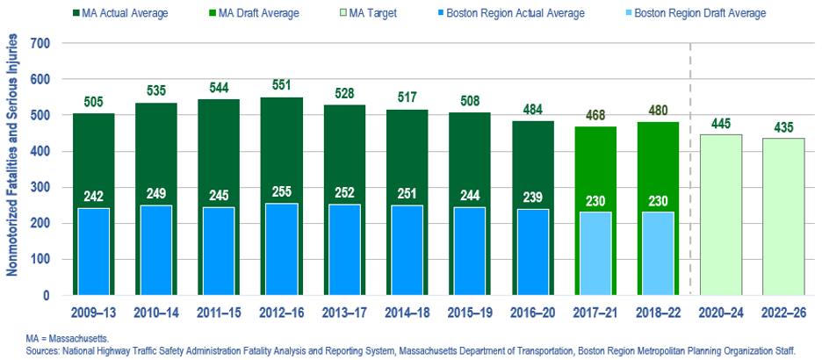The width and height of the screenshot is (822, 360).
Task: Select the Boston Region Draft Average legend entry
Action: tap(702, 13)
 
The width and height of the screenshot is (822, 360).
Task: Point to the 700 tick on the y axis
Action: tap(40, 44)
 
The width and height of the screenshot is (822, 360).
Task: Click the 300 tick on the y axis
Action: tap(40, 188)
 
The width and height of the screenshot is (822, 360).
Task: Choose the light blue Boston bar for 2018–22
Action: tap(657, 254)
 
